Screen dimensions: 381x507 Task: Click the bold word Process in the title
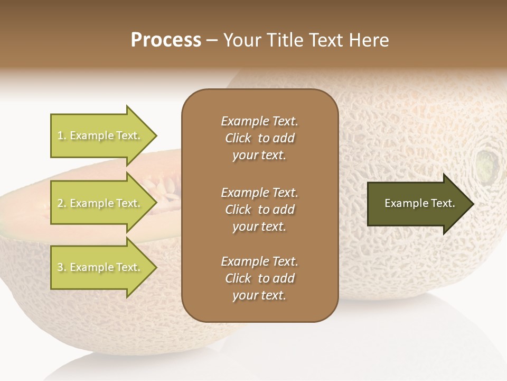pyautogui.click(x=166, y=40)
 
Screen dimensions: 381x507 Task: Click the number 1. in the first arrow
pyautogui.click(x=62, y=135)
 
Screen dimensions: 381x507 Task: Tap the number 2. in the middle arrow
pyautogui.click(x=62, y=203)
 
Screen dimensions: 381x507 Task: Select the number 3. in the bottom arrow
pyautogui.click(x=62, y=267)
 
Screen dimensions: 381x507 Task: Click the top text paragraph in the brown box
pyautogui.click(x=259, y=138)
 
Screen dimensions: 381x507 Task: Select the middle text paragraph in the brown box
pyautogui.click(x=259, y=210)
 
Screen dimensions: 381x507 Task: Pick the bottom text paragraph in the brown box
pyautogui.click(x=259, y=278)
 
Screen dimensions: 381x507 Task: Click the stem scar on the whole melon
pyautogui.click(x=487, y=164)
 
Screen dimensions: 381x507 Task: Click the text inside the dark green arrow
pyautogui.click(x=420, y=203)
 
